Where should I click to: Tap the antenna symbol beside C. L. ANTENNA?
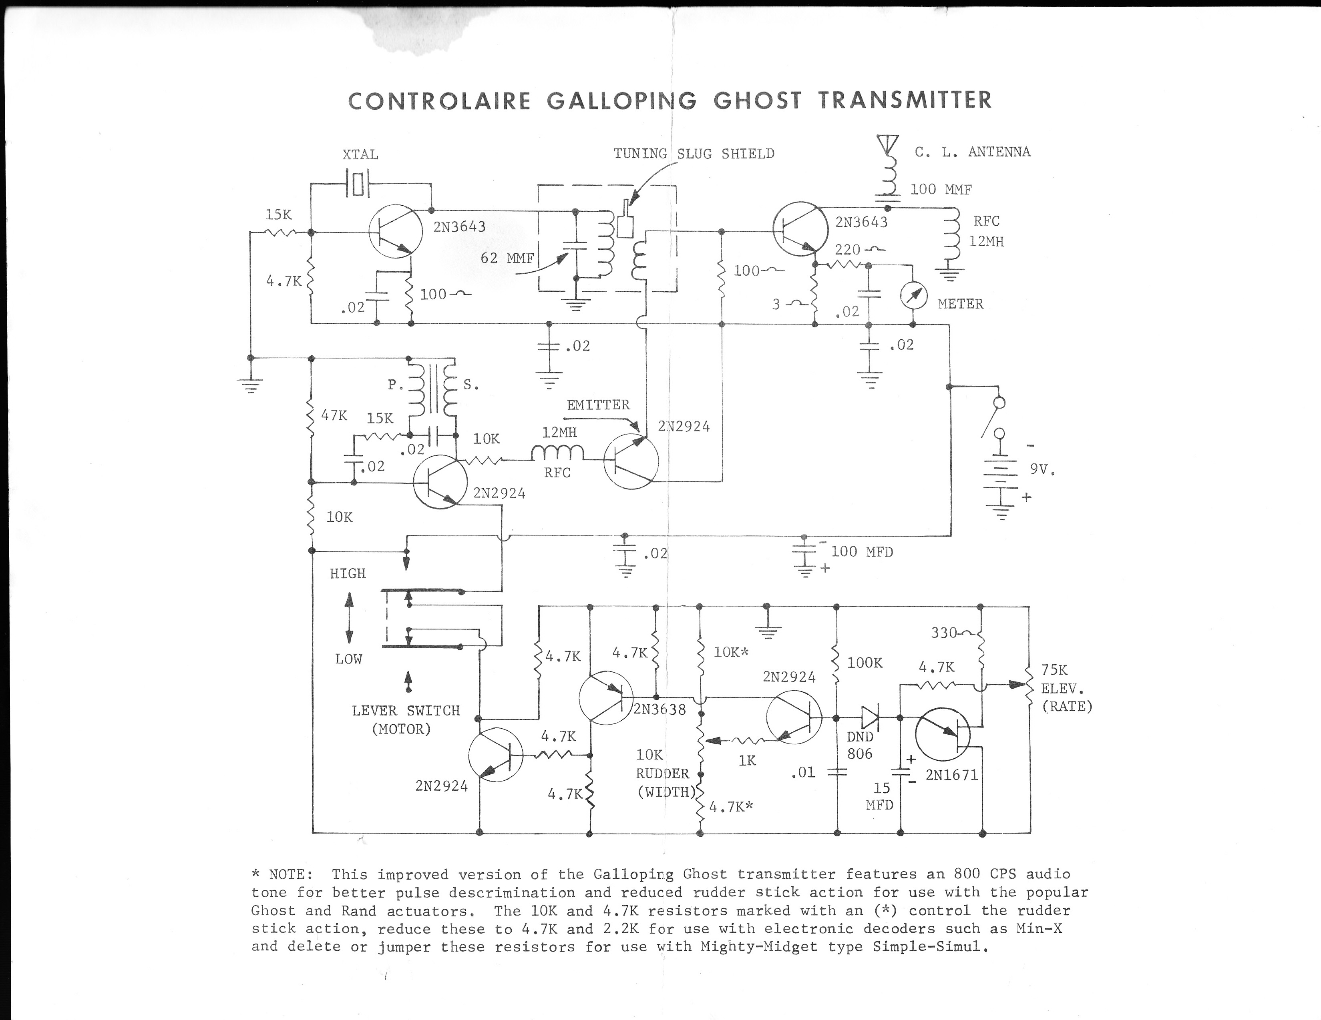887,144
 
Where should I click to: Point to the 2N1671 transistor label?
951,775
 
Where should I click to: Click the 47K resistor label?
334,415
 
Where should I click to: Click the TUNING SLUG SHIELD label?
694,154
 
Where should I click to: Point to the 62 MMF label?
507,258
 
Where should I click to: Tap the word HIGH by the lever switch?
348,573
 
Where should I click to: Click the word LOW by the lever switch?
348,659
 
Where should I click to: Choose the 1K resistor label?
747,761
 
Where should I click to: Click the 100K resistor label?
865,663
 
